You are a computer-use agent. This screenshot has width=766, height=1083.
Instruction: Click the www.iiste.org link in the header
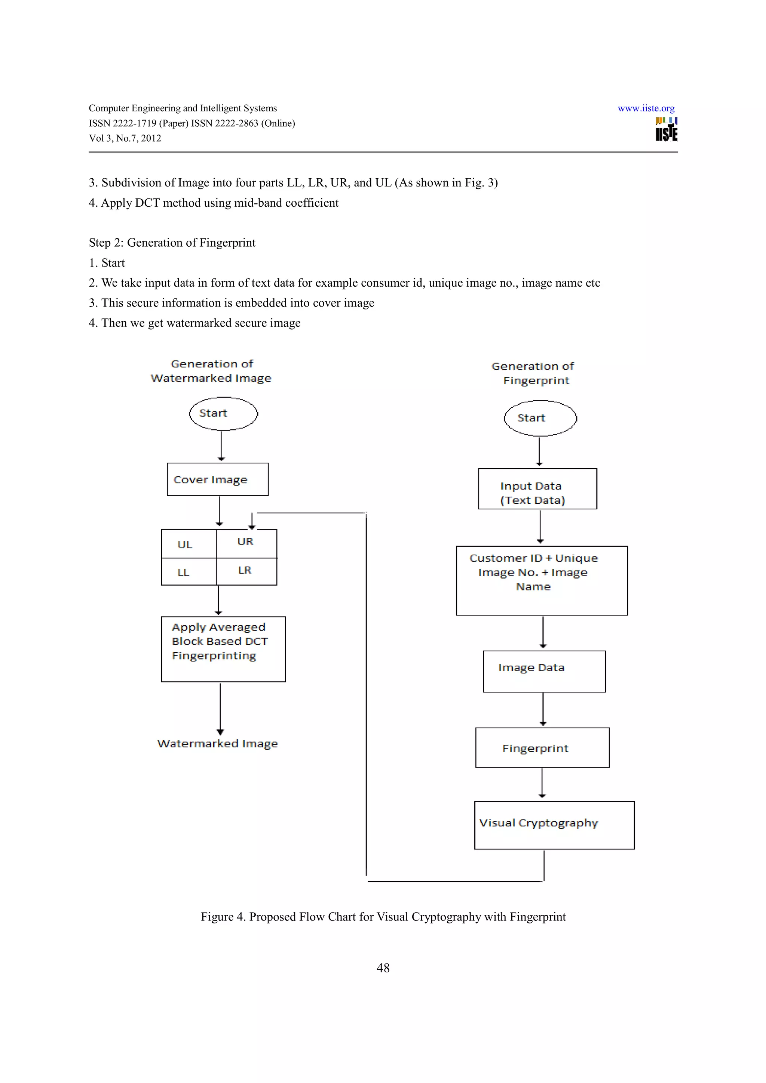click(x=646, y=108)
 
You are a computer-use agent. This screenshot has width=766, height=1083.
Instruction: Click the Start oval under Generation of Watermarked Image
click(x=223, y=413)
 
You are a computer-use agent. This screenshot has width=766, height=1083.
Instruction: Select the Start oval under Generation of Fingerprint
click(x=540, y=418)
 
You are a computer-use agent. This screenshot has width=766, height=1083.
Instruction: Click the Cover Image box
click(x=218, y=479)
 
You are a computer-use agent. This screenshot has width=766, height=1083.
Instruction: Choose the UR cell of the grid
click(x=246, y=543)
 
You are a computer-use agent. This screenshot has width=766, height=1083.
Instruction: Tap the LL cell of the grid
click(x=188, y=572)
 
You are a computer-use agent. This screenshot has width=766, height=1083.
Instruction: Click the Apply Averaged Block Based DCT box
click(x=223, y=649)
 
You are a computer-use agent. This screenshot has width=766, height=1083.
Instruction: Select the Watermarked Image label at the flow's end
click(x=218, y=743)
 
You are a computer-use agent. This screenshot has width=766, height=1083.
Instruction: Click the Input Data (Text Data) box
click(x=537, y=489)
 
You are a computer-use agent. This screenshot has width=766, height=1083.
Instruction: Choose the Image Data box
click(x=544, y=671)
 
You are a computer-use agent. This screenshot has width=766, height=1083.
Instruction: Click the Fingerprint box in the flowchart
click(x=542, y=748)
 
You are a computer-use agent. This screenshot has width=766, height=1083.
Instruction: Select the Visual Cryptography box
click(x=554, y=825)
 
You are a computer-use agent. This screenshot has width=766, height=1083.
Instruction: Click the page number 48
click(x=383, y=968)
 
